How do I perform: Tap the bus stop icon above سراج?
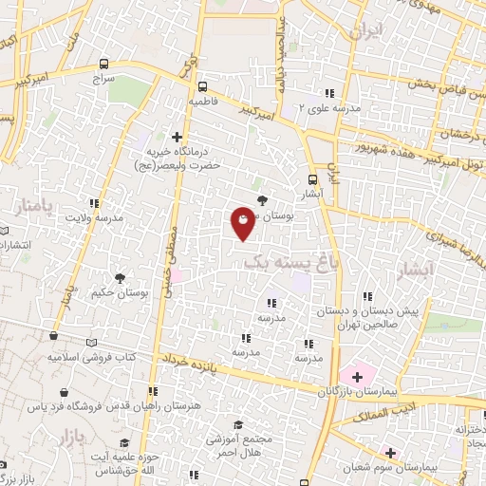[103, 64]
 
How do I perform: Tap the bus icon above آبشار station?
[313, 179]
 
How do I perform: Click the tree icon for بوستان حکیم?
[120, 278]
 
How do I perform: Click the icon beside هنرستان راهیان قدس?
[149, 390]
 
